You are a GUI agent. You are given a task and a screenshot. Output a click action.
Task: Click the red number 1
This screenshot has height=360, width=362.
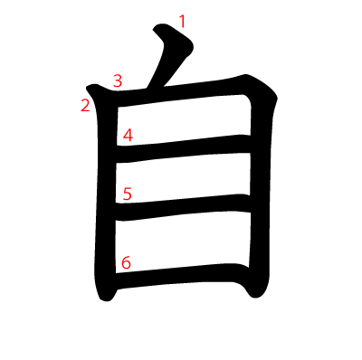[182, 22]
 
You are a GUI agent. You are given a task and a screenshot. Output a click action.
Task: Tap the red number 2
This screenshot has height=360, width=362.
[85, 106]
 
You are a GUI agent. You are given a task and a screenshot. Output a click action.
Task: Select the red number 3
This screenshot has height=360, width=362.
[118, 81]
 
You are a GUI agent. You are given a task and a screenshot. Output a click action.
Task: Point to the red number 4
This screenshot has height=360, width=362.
[128, 136]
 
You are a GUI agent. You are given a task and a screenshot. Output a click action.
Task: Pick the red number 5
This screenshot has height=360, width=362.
[128, 194]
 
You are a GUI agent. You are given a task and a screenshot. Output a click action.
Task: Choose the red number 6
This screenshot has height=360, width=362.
[126, 262]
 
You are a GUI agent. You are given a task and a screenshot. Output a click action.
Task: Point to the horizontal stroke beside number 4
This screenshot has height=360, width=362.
[183, 148]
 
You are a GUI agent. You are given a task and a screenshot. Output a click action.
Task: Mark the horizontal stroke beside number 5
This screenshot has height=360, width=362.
[183, 207]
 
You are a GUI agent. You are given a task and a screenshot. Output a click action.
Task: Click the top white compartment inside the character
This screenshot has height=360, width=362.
[184, 120]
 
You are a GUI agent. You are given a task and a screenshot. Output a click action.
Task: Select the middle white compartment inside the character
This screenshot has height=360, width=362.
[183, 178]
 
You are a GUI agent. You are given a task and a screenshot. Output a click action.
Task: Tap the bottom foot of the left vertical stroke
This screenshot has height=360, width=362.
[106, 297]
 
